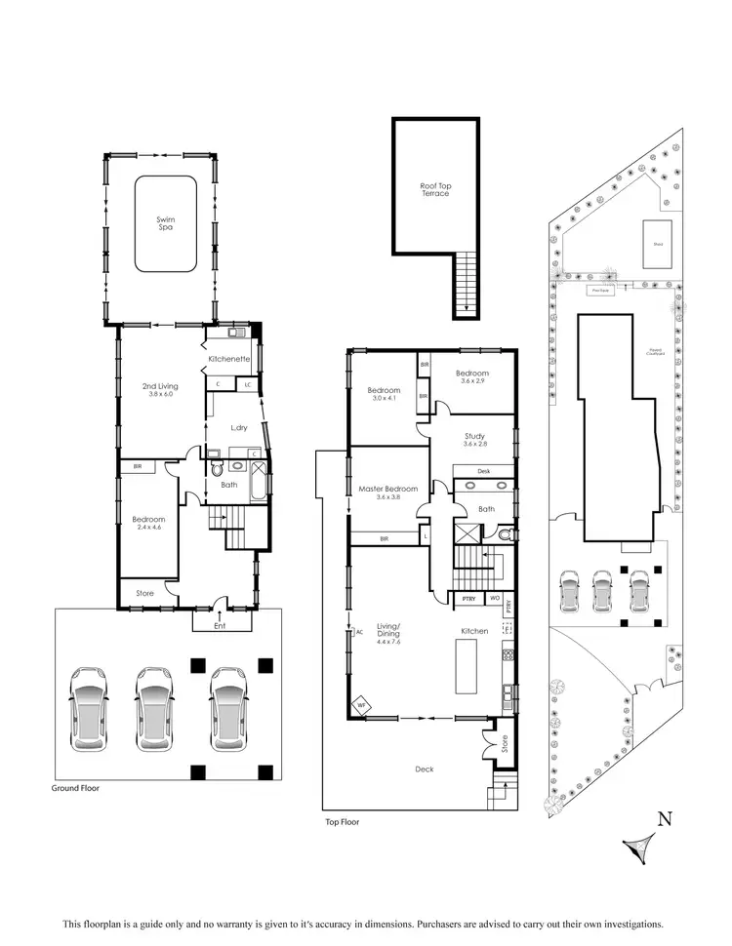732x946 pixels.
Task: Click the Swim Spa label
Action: (x=163, y=222)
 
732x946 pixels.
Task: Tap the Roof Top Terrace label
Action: (x=435, y=189)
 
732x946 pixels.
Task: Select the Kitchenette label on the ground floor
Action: (x=230, y=360)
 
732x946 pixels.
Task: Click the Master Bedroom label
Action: (x=389, y=493)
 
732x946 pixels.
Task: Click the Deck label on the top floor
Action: (x=424, y=769)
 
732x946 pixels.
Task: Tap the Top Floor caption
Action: (x=343, y=822)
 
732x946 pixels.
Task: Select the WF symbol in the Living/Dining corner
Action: (x=359, y=704)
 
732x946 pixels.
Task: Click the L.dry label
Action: (x=237, y=428)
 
